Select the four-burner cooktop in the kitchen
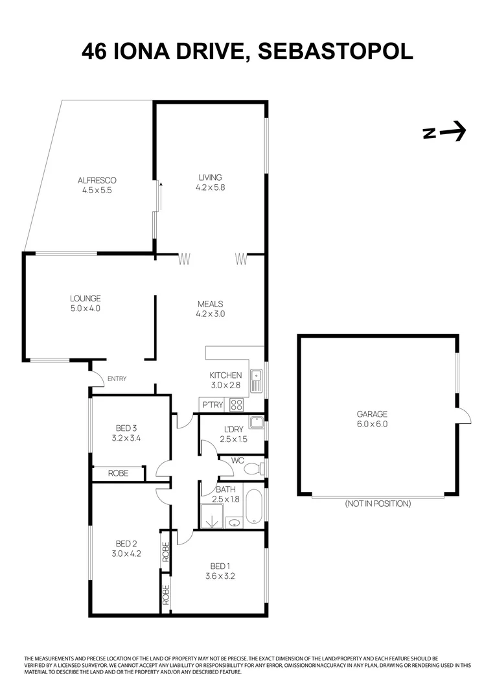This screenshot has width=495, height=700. (x=236, y=405)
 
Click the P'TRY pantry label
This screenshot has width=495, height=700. (x=213, y=405)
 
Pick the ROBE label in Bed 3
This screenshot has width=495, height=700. (x=117, y=474)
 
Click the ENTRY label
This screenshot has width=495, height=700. (x=117, y=379)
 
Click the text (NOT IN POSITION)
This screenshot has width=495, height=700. (x=378, y=504)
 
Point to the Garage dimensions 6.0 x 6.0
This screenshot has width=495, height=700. (x=372, y=425)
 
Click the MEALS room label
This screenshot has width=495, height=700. (x=210, y=303)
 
